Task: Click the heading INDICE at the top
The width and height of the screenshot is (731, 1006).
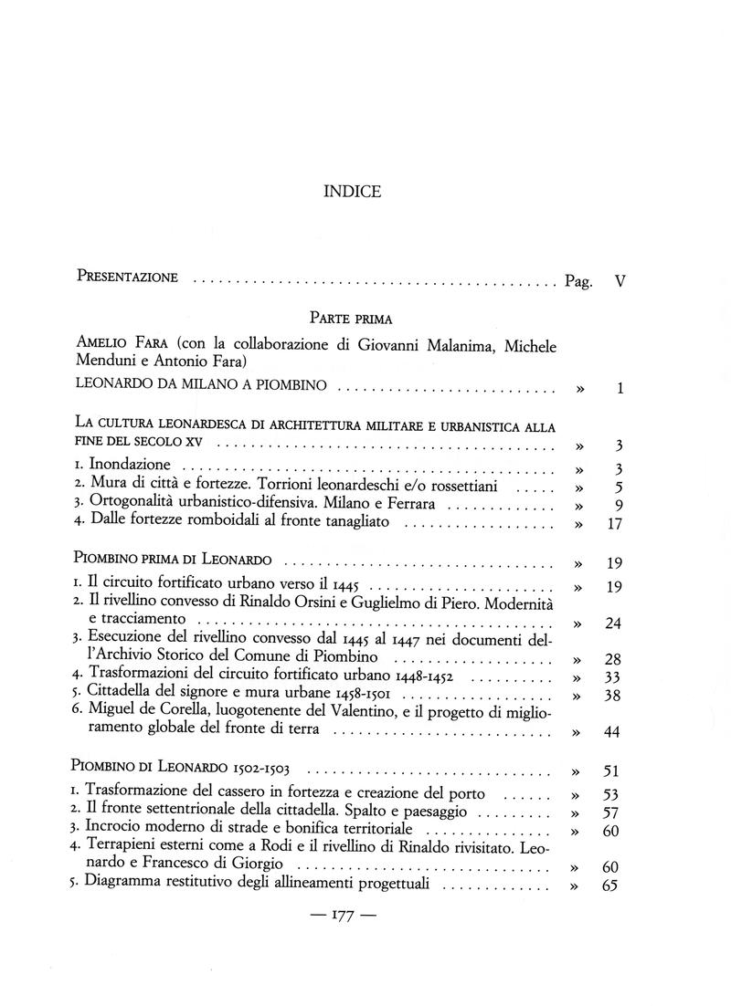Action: pyautogui.click(x=352, y=192)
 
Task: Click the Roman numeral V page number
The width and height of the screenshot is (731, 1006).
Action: pyautogui.click(x=620, y=281)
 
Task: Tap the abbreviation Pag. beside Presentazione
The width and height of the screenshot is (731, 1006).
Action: pyautogui.click(x=578, y=282)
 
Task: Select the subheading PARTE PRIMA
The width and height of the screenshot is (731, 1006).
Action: pyautogui.click(x=351, y=319)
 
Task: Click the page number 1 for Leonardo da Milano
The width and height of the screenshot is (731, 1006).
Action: pyautogui.click(x=620, y=389)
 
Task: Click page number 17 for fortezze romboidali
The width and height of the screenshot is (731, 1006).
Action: pyautogui.click(x=614, y=524)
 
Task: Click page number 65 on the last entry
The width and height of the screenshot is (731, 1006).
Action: pyautogui.click(x=612, y=886)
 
